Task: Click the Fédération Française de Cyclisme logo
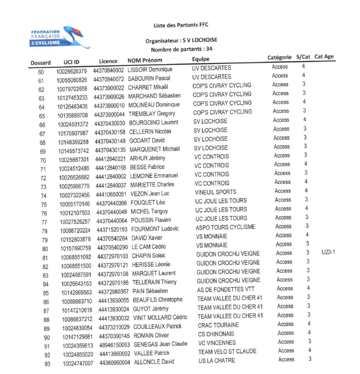[x=54, y=37]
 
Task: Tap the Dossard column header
[x=41, y=63]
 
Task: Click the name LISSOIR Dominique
[x=150, y=70]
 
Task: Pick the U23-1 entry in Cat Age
[x=328, y=252]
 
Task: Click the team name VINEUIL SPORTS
[x=215, y=192]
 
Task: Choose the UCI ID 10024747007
[x=78, y=363]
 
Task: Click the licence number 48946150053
[x=114, y=344]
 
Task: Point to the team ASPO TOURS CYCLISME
[x=225, y=227]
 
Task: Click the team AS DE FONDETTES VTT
[x=226, y=289]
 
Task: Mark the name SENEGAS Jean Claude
[x=160, y=344]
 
